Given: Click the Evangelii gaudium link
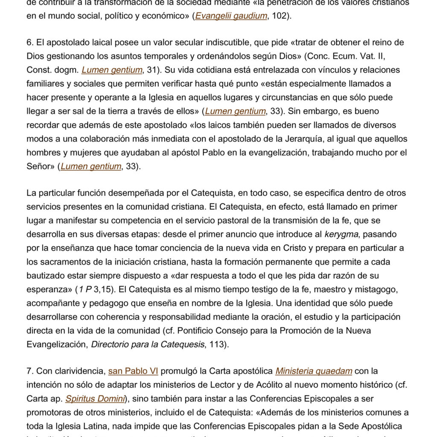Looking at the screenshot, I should pyautogui.click(x=231, y=16).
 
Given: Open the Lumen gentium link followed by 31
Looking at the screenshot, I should pyautogui.click(x=112, y=70).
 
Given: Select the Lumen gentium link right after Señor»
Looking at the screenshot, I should pyautogui.click(x=91, y=166).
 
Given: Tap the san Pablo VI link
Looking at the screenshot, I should pyautogui.click(x=133, y=371).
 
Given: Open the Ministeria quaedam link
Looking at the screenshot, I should pyautogui.click(x=314, y=371).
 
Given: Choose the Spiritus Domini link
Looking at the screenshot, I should pyautogui.click(x=95, y=399).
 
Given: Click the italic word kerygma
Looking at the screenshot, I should pyautogui.click(x=341, y=234).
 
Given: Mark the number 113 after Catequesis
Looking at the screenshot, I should pyautogui.click(x=217, y=344).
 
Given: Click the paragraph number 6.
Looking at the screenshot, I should pyautogui.click(x=29, y=43).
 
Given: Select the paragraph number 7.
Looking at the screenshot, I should pyautogui.click(x=29, y=371).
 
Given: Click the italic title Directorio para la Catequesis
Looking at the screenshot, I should pyautogui.click(x=148, y=344).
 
